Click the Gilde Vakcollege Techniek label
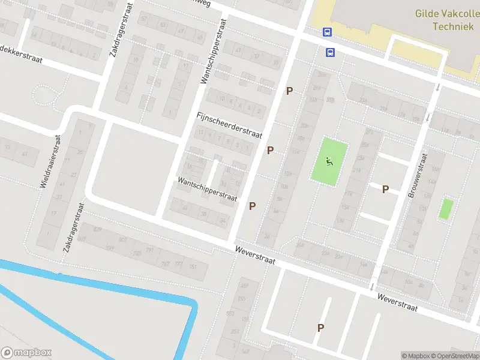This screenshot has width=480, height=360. click(x=447, y=20)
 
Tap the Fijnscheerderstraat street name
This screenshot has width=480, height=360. click(x=230, y=125)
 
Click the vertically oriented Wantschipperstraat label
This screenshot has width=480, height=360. click(x=214, y=51)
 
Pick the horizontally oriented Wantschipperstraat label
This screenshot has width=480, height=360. click(x=207, y=188)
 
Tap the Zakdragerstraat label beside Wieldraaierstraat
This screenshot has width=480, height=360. click(x=73, y=227)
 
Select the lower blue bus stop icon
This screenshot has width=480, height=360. click(x=330, y=52)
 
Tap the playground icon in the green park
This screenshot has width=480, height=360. click(x=328, y=161)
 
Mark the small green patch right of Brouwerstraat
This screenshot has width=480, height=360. click(x=445, y=209)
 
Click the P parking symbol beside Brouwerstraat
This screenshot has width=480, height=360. click(x=385, y=189)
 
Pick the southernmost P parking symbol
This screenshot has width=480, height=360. click(x=320, y=328)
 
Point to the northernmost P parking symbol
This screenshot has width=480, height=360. click(x=289, y=91)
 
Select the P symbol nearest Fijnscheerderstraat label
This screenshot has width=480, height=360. click(x=270, y=150)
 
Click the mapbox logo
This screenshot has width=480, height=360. click(x=26, y=353)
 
